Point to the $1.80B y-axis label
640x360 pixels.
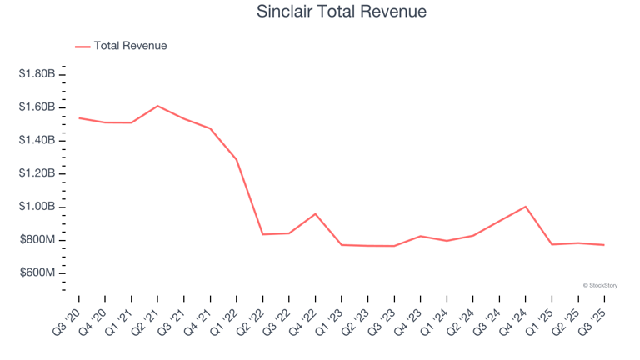click(37, 74)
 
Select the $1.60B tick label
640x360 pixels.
click(37, 107)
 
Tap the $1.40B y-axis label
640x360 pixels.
click(37, 140)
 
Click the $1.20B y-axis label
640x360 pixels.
click(37, 173)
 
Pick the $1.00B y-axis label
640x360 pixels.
click(37, 207)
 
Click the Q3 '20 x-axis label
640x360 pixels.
click(69, 317)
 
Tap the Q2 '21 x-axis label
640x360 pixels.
click(147, 317)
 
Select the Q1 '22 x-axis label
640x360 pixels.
click(227, 317)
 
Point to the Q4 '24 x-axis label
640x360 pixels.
click(515, 317)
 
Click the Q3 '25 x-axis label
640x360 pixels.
click(594, 317)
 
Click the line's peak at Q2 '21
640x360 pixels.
click(157, 106)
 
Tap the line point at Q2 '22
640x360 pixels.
click(262, 234)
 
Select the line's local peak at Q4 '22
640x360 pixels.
click(315, 213)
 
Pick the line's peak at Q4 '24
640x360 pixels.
click(525, 207)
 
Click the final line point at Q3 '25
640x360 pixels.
click(604, 245)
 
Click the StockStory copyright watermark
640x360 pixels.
click(600, 285)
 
